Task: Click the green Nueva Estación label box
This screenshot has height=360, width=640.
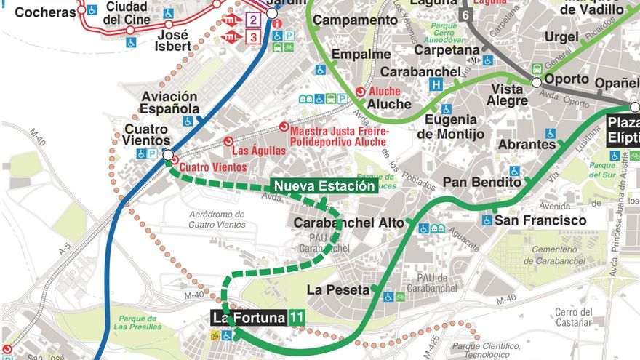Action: (324, 186)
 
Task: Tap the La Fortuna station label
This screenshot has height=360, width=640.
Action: (249, 318)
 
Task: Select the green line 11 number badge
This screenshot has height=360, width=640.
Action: (296, 318)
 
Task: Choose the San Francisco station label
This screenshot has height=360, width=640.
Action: (541, 220)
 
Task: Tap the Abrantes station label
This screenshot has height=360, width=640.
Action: (527, 145)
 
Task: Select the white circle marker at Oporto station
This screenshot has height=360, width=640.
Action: (537, 83)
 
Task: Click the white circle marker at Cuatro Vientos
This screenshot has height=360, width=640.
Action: (168, 155)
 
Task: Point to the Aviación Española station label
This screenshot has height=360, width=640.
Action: (169, 103)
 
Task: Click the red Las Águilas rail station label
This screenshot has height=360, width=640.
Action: (258, 151)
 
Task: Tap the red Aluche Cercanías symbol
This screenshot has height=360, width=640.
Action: (360, 92)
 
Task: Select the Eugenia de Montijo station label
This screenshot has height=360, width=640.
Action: (451, 127)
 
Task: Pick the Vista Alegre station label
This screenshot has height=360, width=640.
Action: (506, 95)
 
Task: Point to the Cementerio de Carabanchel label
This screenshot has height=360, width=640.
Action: (555, 255)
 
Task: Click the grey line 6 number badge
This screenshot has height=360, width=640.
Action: (465, 15)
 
